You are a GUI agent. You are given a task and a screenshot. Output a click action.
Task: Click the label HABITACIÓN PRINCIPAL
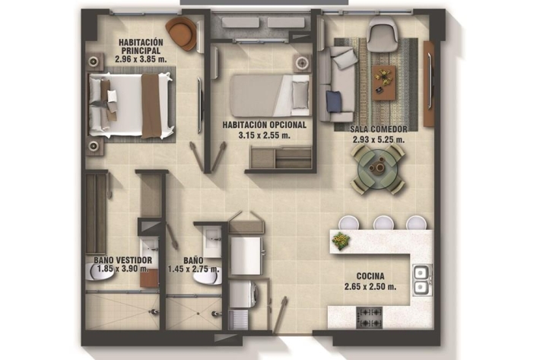[x=141, y=46]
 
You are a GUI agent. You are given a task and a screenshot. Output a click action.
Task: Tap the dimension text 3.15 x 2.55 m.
[x=264, y=135]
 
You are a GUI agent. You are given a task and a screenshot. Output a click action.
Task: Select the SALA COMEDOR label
[x=379, y=129]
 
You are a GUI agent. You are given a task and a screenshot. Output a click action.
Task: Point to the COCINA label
[x=370, y=276]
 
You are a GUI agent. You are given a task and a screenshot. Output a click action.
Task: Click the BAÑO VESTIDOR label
[x=123, y=260]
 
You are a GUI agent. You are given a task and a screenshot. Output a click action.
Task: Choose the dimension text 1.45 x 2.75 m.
[x=193, y=269]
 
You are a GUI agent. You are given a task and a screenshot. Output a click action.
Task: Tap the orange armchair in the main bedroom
[x=182, y=33]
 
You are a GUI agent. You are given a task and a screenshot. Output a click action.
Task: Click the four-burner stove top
[x=369, y=317]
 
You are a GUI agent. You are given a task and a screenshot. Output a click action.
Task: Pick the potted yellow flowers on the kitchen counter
[x=341, y=240]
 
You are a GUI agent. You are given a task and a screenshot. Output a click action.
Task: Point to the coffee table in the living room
[x=383, y=83]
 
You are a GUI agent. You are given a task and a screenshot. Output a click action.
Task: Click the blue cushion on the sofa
[x=334, y=101]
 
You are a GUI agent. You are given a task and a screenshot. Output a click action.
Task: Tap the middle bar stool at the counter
[x=383, y=222]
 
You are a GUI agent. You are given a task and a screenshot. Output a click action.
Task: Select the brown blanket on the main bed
[x=151, y=106]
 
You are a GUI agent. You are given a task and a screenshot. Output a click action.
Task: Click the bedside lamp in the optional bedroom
[x=302, y=63]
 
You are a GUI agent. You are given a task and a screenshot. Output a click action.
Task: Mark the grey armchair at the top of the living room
[x=383, y=33]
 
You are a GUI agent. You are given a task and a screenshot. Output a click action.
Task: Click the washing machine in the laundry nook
[x=243, y=295]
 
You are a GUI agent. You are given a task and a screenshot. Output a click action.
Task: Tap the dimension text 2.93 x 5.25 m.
[x=379, y=140]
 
